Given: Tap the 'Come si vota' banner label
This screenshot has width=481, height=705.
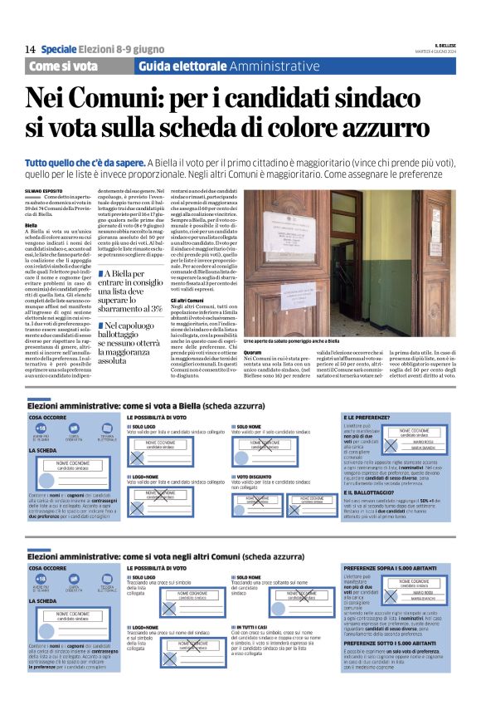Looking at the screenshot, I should pos(63,66).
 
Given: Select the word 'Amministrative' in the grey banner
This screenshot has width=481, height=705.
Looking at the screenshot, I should pos(274,66).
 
